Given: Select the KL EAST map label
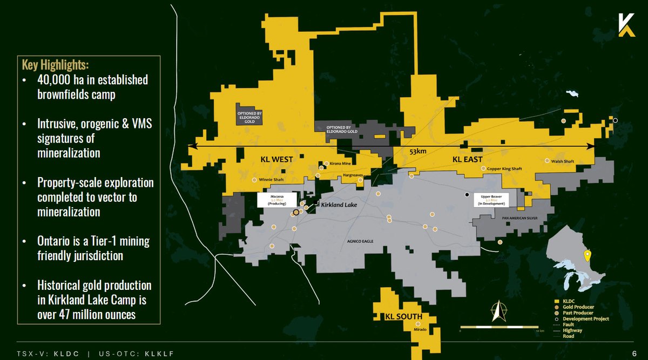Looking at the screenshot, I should [467, 159].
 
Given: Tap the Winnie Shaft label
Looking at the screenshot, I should [272, 180].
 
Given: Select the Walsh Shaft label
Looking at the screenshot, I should [563, 161].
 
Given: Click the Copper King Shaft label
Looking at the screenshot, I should [505, 168].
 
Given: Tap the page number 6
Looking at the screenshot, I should [634, 353].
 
